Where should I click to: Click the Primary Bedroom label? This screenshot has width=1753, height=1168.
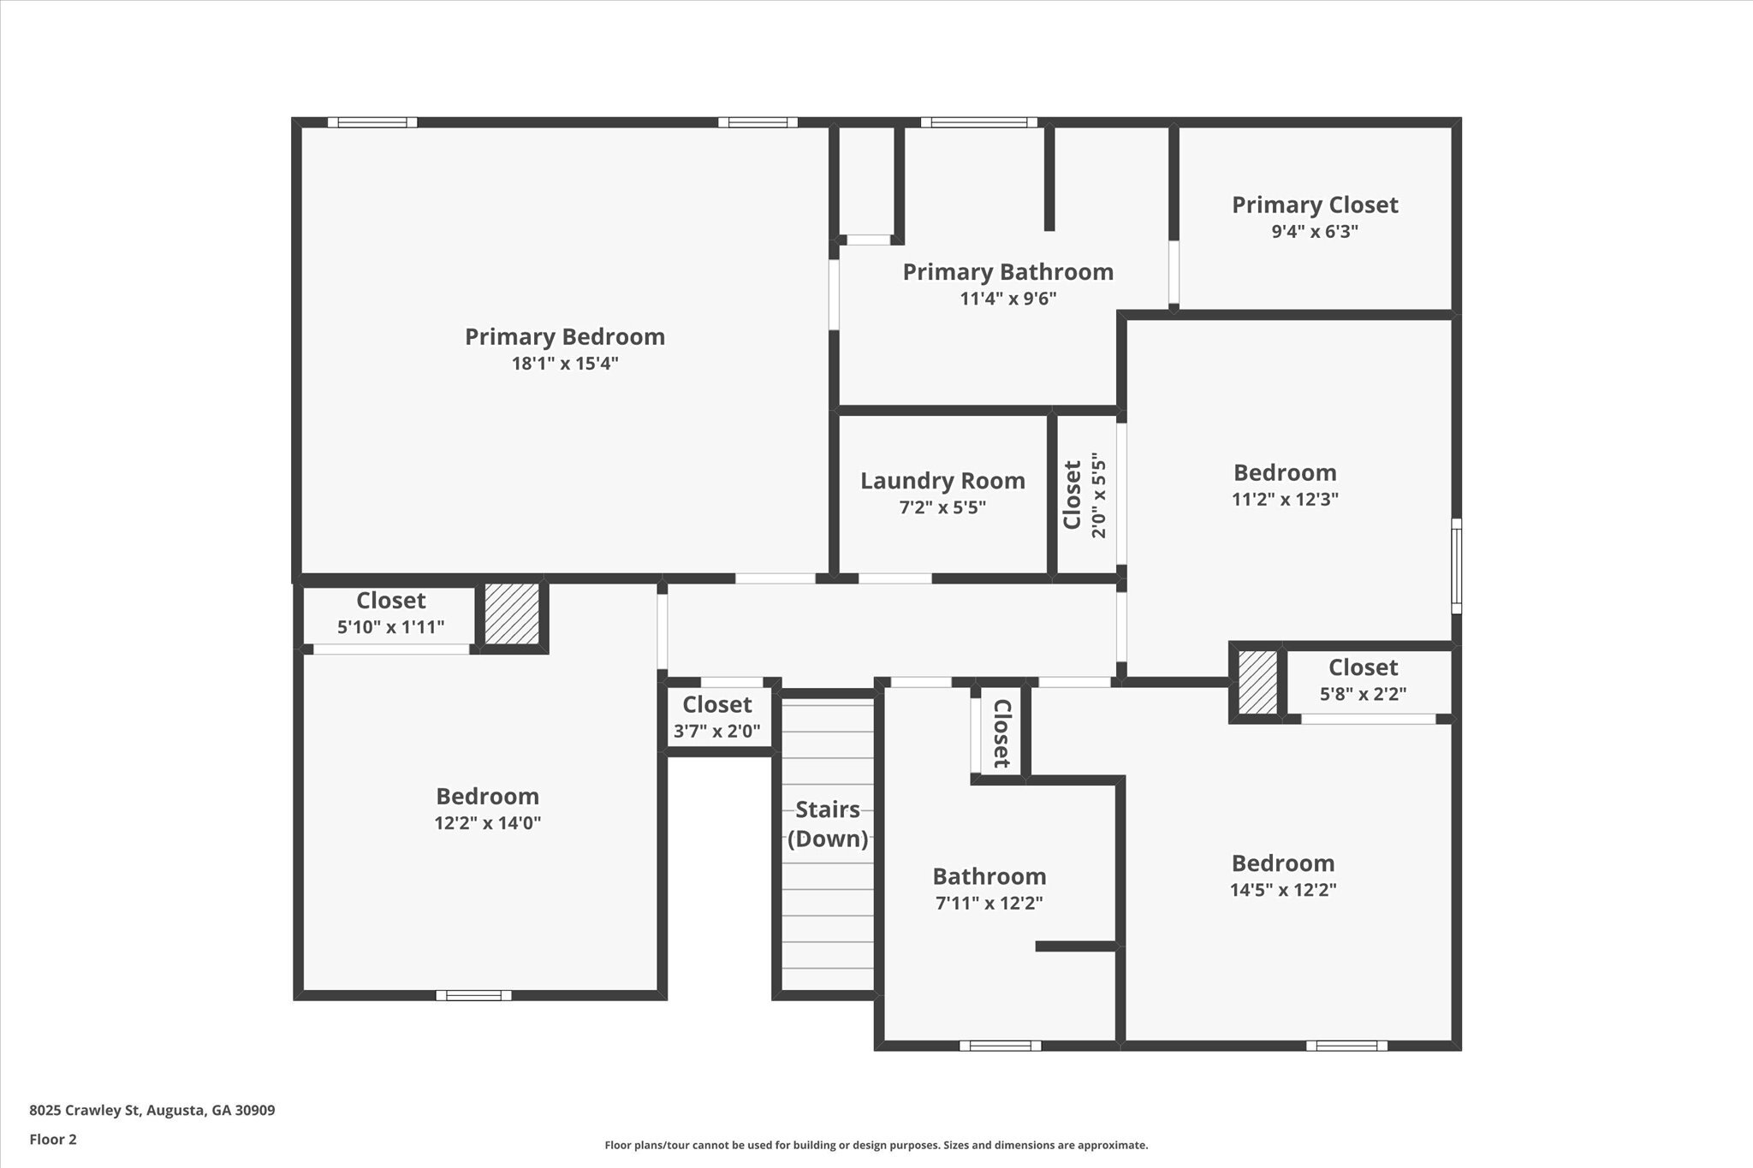tap(565, 336)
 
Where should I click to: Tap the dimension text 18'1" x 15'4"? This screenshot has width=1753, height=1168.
tap(565, 364)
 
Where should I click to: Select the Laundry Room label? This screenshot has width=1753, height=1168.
tap(942, 481)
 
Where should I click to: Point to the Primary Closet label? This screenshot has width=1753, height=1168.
tap(1315, 205)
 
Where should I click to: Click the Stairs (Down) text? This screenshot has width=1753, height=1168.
tap(828, 823)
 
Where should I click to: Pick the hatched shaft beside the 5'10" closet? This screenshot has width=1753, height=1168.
tap(512, 614)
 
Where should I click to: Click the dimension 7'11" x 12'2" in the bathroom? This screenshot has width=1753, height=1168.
tap(989, 903)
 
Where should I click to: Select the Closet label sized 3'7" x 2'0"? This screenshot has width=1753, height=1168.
tap(717, 705)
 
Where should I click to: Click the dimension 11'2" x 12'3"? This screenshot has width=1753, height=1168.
tap(1285, 499)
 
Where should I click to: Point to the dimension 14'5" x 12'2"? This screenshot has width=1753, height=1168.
tap(1283, 889)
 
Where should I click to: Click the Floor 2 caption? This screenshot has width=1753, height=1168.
tap(53, 1139)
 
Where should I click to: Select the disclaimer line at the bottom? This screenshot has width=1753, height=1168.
tap(876, 1145)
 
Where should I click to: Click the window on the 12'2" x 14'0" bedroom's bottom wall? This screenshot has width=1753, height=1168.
tap(473, 995)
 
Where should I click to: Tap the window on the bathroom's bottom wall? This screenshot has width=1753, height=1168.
tap(1000, 1046)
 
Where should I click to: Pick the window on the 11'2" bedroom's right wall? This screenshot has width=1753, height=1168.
tap(1456, 566)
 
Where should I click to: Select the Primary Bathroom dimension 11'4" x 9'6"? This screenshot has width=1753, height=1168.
tap(1008, 299)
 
